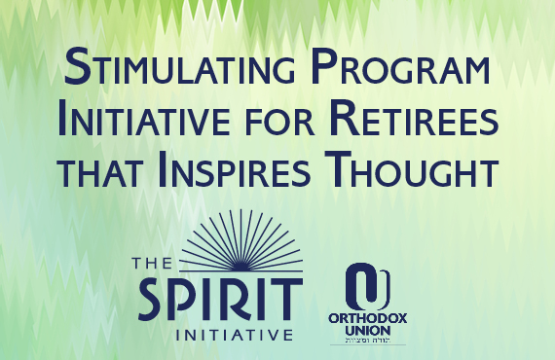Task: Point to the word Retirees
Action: pyautogui.click(x=418, y=124)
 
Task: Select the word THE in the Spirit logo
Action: pyautogui.click(x=154, y=262)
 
